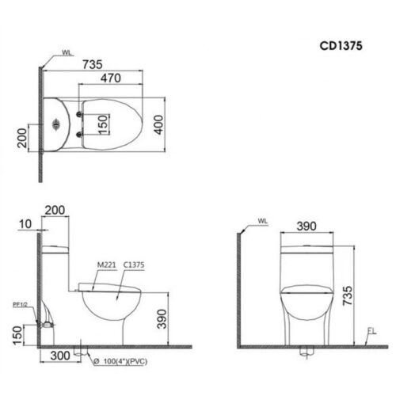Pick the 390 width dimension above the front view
[305, 226]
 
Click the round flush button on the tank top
[55, 124]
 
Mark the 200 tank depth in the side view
[55, 210]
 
